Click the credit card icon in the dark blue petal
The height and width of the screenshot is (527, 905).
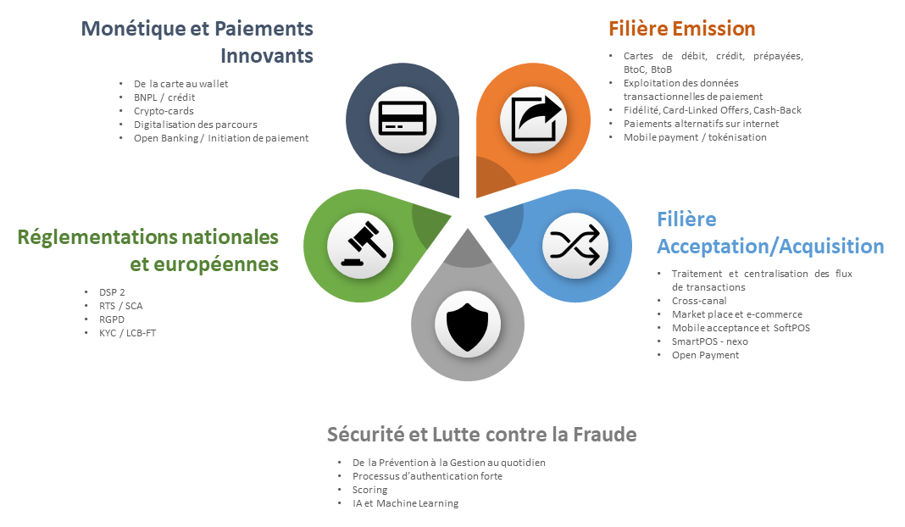click(x=403, y=119)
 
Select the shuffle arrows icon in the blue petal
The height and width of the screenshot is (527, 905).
click(x=575, y=246)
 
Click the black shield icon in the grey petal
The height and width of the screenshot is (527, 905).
click(x=468, y=326)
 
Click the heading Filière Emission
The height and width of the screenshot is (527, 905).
click(x=681, y=28)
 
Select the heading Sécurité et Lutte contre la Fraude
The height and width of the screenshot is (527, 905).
click(x=482, y=434)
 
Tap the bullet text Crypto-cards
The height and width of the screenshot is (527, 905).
click(x=164, y=111)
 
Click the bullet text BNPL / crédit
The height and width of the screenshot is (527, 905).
click(x=164, y=97)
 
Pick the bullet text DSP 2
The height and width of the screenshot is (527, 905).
click(x=112, y=292)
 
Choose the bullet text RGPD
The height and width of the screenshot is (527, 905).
click(x=112, y=319)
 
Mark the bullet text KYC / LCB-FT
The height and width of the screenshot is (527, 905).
click(x=128, y=333)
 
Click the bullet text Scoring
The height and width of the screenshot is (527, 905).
click(x=370, y=490)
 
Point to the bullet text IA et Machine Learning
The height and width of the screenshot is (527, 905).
click(x=406, y=503)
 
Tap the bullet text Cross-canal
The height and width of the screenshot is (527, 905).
click(x=699, y=301)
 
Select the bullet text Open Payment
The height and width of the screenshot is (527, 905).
click(x=705, y=355)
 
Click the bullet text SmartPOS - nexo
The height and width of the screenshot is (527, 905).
click(x=710, y=341)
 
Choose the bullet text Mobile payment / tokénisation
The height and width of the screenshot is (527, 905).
click(x=695, y=137)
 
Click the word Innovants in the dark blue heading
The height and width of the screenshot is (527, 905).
click(x=267, y=55)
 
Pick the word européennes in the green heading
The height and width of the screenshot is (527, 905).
click(x=204, y=264)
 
